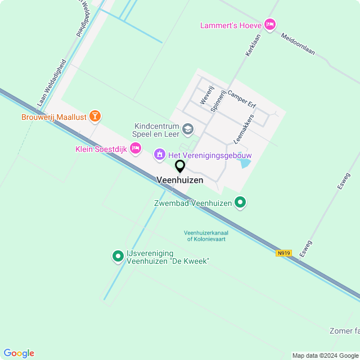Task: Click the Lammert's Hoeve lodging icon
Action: click(x=270, y=24)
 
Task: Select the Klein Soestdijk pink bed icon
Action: click(x=135, y=148)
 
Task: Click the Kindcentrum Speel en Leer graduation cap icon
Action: click(x=188, y=130)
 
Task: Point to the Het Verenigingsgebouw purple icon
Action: click(x=160, y=154)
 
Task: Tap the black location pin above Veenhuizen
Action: click(x=180, y=166)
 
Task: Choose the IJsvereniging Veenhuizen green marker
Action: click(x=118, y=256)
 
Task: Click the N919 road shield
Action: click(x=283, y=253)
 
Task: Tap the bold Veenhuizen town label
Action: click(x=179, y=180)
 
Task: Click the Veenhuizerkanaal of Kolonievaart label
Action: click(x=208, y=236)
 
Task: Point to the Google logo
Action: click(x=18, y=353)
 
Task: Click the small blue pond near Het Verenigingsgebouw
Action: click(x=245, y=164)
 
